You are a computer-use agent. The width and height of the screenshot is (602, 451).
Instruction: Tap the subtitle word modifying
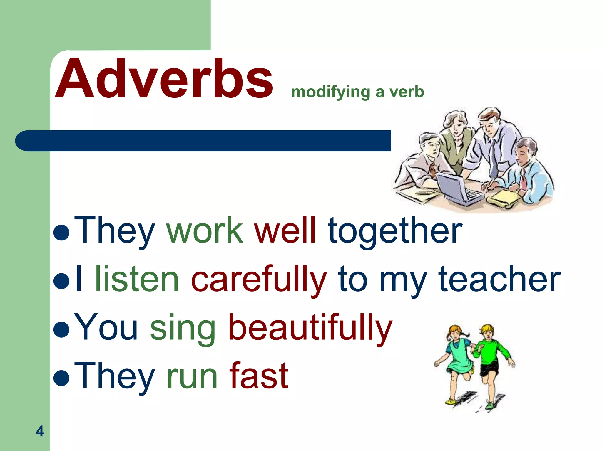[330, 92]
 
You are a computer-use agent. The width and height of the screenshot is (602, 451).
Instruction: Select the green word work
[205, 230]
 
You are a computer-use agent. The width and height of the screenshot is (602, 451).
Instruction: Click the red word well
[285, 230]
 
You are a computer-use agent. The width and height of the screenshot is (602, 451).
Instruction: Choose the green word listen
[137, 279]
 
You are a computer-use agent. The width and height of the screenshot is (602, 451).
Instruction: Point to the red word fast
[259, 376]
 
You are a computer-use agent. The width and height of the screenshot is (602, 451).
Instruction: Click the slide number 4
[40, 431]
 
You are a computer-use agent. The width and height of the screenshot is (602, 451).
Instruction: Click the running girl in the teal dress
[457, 361]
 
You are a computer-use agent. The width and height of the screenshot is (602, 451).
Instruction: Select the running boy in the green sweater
[489, 361]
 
